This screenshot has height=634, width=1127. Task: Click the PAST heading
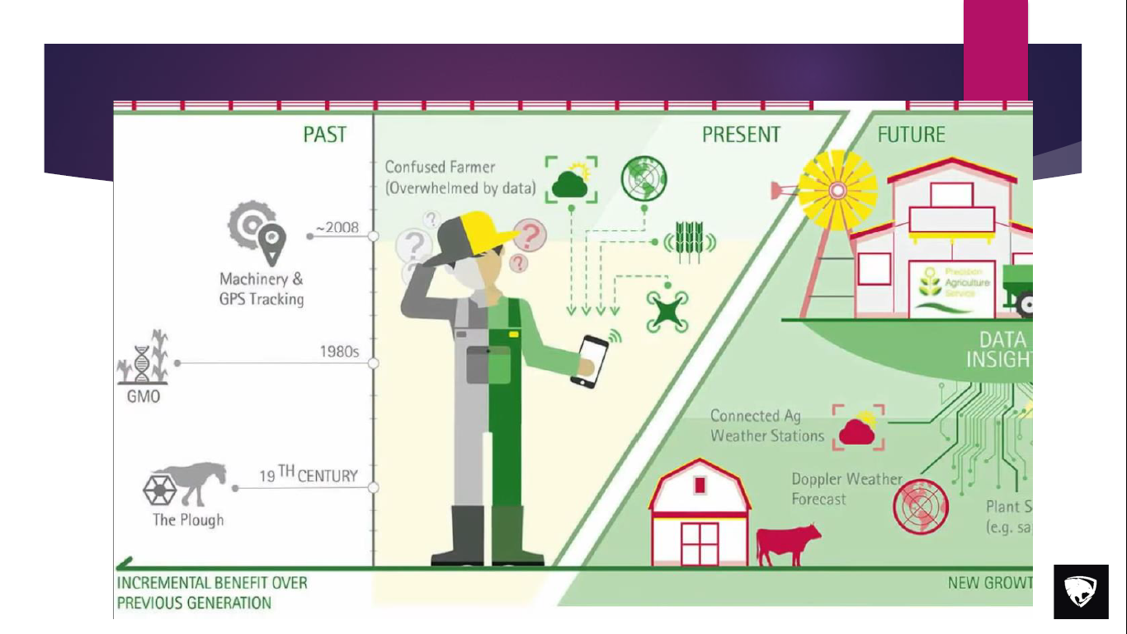[x=325, y=135]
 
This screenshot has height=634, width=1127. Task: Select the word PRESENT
[x=741, y=135]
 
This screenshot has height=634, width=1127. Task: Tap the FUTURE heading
[x=911, y=135]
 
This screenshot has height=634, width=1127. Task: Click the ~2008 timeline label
[x=337, y=228]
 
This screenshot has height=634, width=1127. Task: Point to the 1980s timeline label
[x=339, y=352]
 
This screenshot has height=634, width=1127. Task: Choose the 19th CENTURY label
[x=309, y=475]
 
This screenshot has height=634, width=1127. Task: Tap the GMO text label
[x=144, y=397]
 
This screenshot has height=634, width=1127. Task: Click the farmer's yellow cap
[x=479, y=229]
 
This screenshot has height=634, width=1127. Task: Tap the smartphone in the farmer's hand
[x=589, y=360]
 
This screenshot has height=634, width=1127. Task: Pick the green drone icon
[x=667, y=312]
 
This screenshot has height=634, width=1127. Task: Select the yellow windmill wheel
[x=837, y=191]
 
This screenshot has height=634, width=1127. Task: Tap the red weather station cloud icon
[x=859, y=428]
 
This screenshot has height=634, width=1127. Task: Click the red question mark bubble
[x=530, y=235]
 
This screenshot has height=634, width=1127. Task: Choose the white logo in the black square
[x=1081, y=592]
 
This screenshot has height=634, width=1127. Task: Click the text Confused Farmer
[x=428, y=168]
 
